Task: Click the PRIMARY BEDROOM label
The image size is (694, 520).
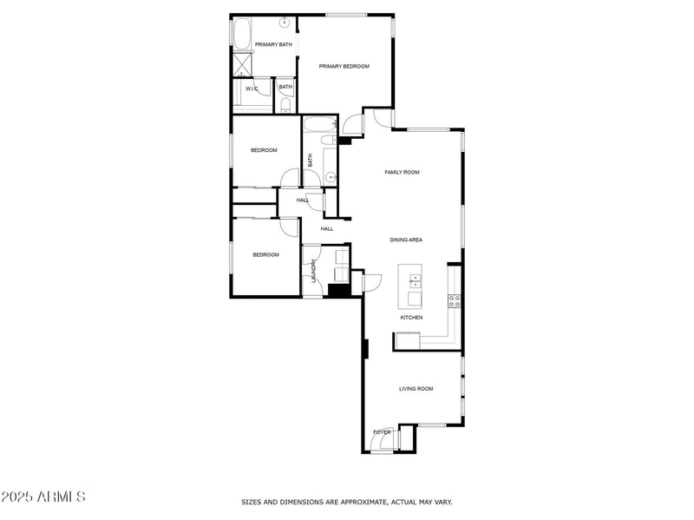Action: (344, 66)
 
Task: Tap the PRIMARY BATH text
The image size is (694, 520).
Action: (273, 44)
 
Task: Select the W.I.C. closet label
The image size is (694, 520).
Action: (252, 88)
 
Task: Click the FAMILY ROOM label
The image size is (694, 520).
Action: (402, 172)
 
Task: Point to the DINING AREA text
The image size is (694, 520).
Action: (405, 240)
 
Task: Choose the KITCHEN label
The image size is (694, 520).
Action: (411, 318)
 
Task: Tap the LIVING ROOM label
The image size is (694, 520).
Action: (416, 389)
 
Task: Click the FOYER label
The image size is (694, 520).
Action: (382, 431)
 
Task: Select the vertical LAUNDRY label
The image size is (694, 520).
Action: (313, 272)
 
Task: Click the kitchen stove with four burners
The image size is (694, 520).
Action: (454, 301)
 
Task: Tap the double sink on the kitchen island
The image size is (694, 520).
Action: (415, 280)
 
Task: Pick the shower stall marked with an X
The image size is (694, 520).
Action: (242, 64)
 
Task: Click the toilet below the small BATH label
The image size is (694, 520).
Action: (285, 106)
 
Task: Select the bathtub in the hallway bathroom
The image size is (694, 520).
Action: (318, 124)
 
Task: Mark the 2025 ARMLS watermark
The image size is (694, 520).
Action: (43, 497)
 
